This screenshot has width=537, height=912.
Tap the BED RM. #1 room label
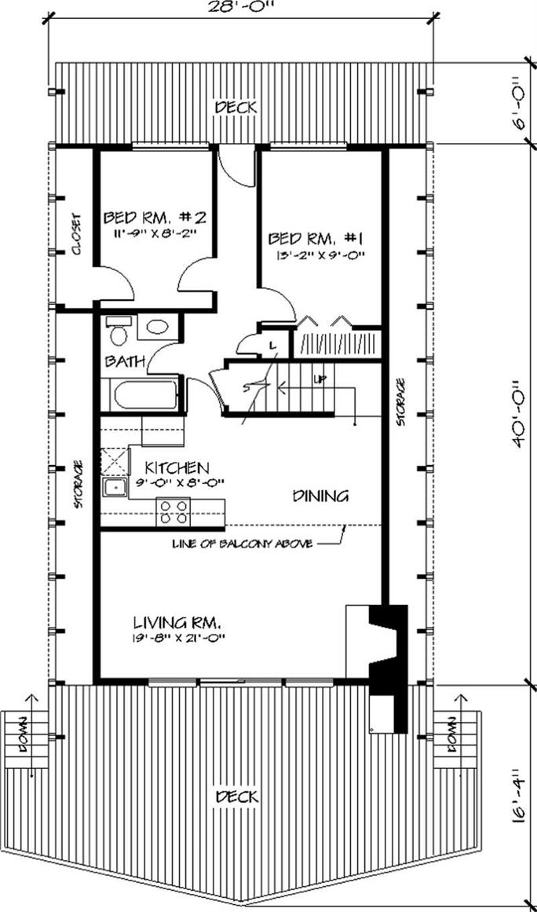point(316,239)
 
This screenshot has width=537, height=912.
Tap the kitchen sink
point(115,487)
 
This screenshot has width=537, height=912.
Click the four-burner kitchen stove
point(174,512)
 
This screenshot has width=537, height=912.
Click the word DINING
point(320,496)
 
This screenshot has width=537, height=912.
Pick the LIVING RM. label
point(176,622)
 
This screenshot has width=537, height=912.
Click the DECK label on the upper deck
point(236,108)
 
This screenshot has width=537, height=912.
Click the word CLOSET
point(76,234)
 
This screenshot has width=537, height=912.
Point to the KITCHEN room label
point(177,467)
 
